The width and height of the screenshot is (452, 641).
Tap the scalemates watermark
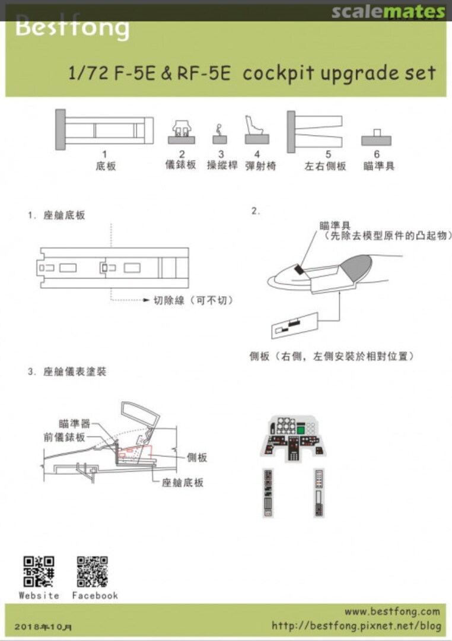[388, 12]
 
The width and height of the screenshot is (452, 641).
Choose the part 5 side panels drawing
[315, 129]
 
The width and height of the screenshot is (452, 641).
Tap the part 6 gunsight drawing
[377, 138]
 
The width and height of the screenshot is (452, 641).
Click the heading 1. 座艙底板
[56, 215]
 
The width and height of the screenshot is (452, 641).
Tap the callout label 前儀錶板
[64, 437]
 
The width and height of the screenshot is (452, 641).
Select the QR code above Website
[39, 571]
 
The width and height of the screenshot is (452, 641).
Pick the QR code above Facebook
[93, 571]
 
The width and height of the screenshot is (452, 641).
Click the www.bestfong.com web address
[392, 611]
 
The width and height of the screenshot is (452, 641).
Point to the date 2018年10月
[44, 627]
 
